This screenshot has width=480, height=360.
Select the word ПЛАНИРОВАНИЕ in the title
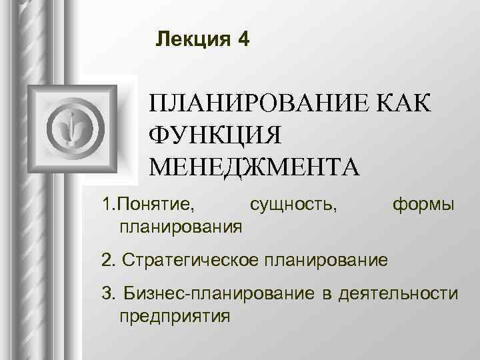pos(257,105)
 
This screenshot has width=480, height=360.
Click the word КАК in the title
pos(401,105)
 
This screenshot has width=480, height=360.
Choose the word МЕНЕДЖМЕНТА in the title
pos(254,163)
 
